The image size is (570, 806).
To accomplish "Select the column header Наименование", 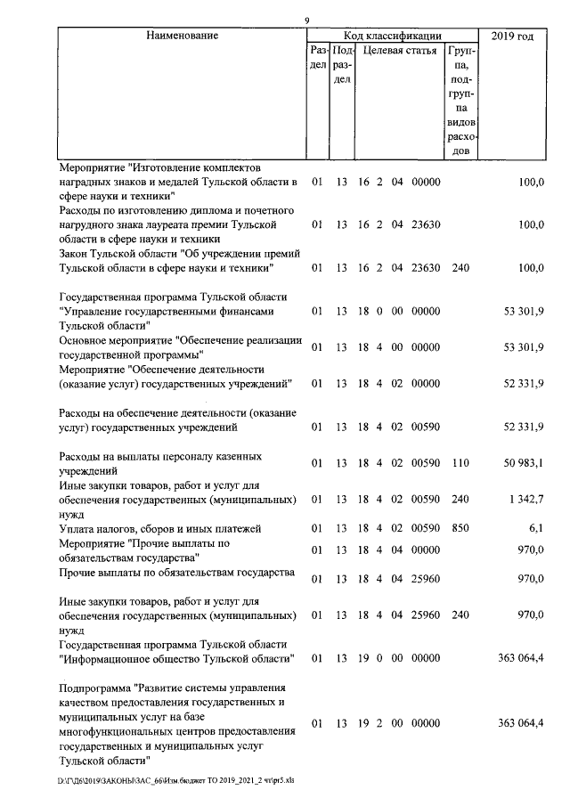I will (x=183, y=36).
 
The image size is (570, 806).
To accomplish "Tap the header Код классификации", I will (x=393, y=36).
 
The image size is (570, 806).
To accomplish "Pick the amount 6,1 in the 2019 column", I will (x=536, y=528).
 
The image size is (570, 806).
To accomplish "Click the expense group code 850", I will (x=460, y=528).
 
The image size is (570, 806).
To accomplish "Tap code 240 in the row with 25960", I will (x=460, y=615).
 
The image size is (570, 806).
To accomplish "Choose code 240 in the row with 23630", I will (x=460, y=266).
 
